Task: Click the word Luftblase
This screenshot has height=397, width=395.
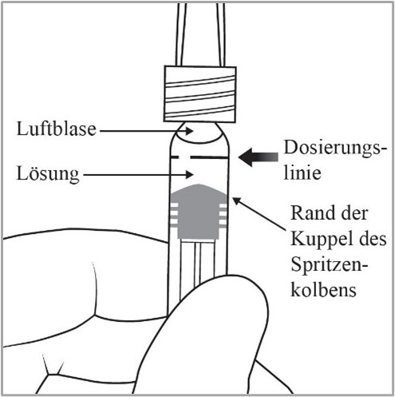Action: (x=56, y=129)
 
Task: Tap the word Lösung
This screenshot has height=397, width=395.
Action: (x=48, y=174)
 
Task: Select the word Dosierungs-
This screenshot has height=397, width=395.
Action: (x=335, y=149)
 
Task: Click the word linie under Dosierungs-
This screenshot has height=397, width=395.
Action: (x=302, y=173)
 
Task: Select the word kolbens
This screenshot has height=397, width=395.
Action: (x=323, y=289)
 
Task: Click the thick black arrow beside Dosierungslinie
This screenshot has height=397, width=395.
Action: (x=259, y=157)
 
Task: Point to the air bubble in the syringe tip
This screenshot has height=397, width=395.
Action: (x=199, y=133)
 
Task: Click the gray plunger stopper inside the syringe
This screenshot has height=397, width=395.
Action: (x=199, y=212)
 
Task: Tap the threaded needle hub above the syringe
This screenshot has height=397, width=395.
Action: (x=200, y=94)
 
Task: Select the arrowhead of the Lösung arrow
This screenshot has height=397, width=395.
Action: (x=190, y=174)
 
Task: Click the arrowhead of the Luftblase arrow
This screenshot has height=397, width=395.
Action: (x=190, y=131)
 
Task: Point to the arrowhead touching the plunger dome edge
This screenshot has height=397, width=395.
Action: (x=237, y=200)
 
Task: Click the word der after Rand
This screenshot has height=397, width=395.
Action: (x=355, y=213)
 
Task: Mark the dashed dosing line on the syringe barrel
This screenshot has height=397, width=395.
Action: (x=199, y=157)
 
